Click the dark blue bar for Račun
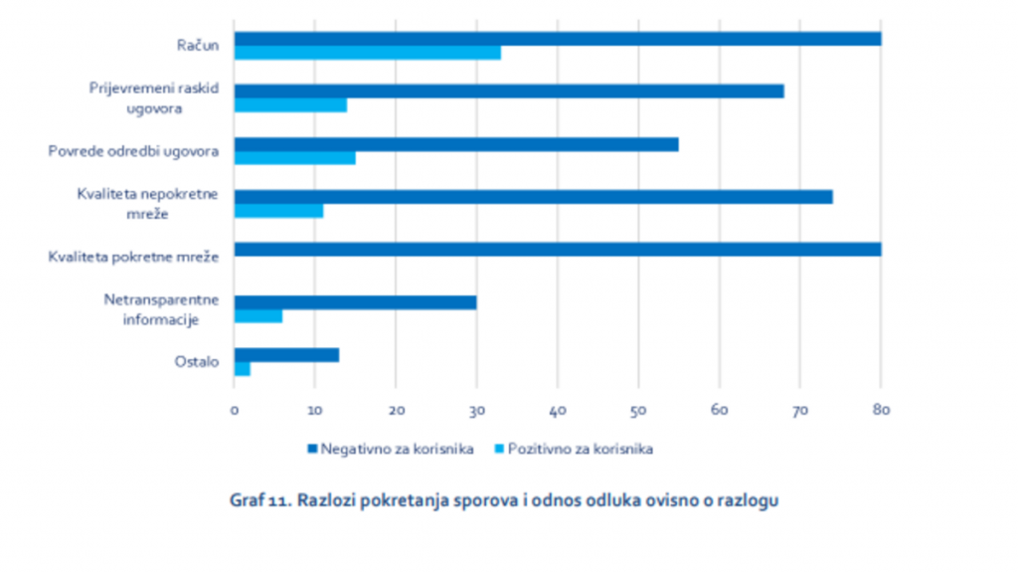point(557,39)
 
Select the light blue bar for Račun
point(367,53)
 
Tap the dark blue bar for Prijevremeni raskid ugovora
point(508,92)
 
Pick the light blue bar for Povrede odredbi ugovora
point(294,158)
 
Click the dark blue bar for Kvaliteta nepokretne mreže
point(533,197)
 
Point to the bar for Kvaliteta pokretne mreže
point(557,250)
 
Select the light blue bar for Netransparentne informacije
point(257,315)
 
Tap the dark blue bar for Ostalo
point(286,355)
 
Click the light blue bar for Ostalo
point(242,369)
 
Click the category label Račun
point(199,45)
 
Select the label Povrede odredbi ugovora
point(134,151)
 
